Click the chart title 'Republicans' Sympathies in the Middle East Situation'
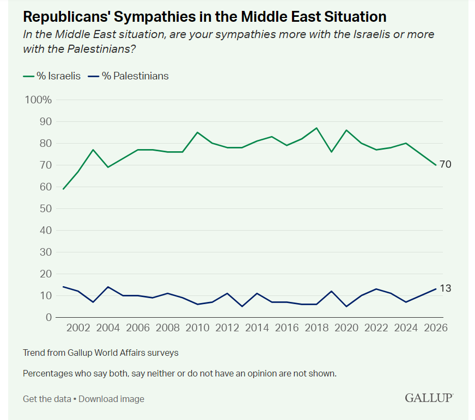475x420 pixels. [x=205, y=16]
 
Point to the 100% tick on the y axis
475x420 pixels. [x=38, y=100]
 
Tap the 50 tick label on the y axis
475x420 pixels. [x=46, y=208]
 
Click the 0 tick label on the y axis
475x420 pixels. [x=48, y=317]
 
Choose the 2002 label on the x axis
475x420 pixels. [x=78, y=328]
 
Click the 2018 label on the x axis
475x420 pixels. [x=316, y=328]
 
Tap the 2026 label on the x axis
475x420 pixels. [x=436, y=328]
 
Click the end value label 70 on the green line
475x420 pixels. [x=446, y=164]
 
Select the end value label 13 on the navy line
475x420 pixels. [x=446, y=288]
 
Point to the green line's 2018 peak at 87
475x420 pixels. [x=316, y=128]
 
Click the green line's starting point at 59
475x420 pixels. [x=63, y=189]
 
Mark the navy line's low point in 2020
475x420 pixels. [x=346, y=306]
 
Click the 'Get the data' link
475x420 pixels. [x=47, y=399]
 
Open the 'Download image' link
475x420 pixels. [x=112, y=399]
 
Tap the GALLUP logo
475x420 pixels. [x=429, y=398]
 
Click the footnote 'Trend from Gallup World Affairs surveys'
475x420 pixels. [x=101, y=353]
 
